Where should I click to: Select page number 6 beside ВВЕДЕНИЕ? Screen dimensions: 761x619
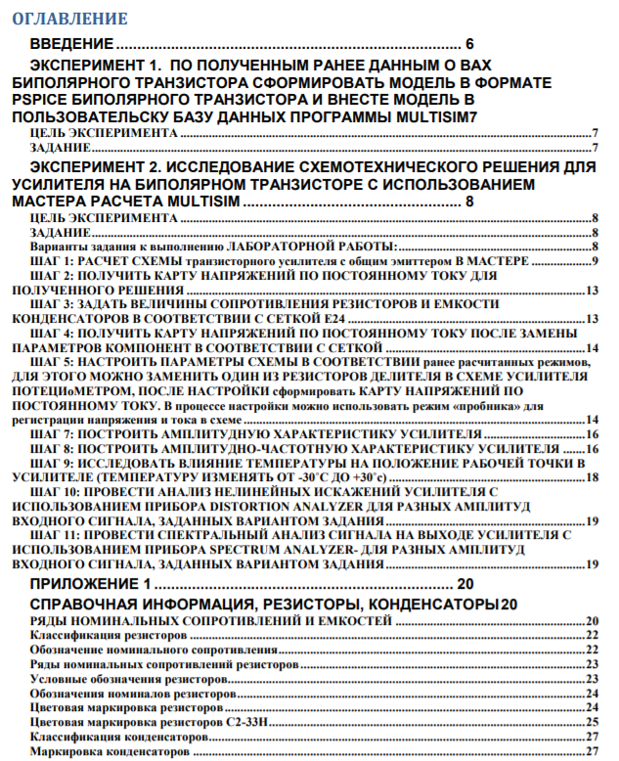click(x=470, y=45)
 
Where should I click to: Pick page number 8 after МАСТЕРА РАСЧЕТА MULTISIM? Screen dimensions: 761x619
click(x=470, y=201)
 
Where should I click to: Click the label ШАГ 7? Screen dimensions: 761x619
click(x=52, y=432)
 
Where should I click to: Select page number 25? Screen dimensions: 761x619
click(x=592, y=721)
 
